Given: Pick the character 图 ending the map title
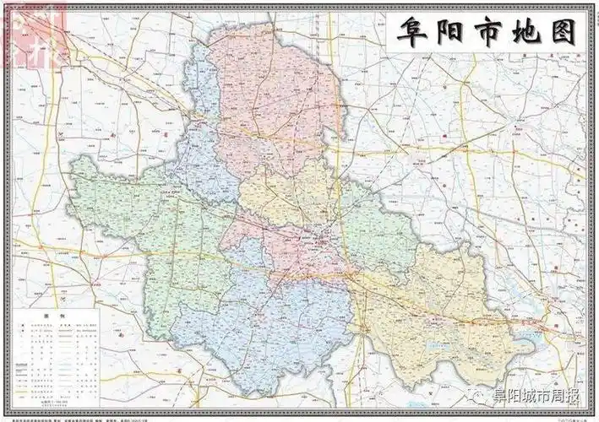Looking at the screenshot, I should tap(561, 32).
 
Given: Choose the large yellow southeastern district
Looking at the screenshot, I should tap(439, 312).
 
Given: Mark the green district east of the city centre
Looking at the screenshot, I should tap(376, 228).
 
